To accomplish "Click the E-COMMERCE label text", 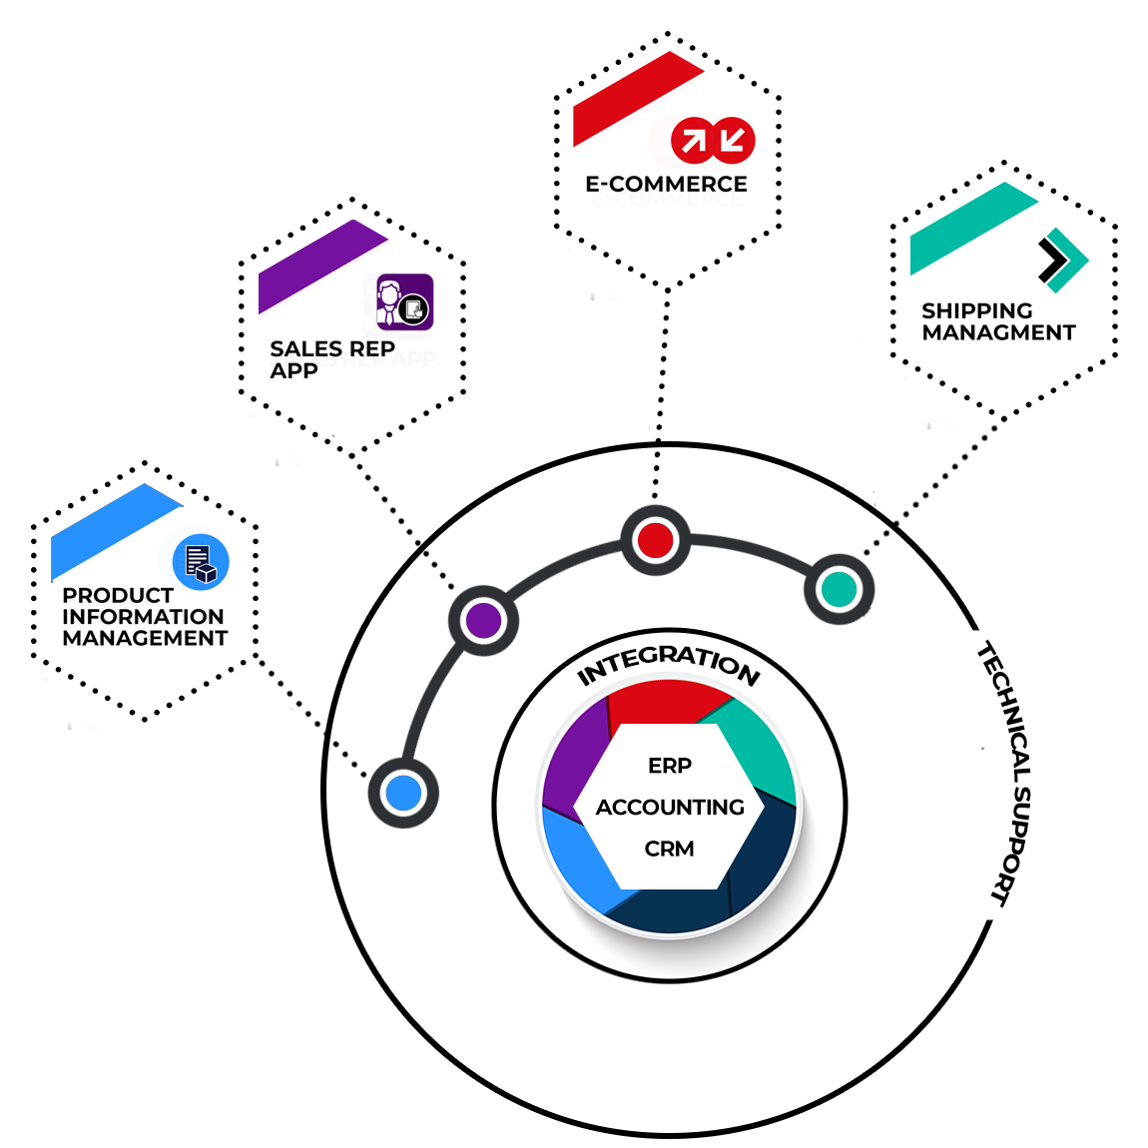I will (666, 184).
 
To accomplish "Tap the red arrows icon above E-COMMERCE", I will (713, 140).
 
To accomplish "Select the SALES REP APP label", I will (331, 359).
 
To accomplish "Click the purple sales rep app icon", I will (404, 301).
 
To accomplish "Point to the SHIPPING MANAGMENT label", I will (998, 321).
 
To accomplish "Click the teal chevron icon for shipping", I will (1061, 261).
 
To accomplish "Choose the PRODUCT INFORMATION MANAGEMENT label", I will (145, 616).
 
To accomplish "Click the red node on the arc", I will (656, 540).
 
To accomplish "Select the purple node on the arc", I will (483, 620).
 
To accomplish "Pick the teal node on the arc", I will (839, 589).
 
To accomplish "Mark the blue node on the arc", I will (403, 793).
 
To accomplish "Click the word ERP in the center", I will (670, 766).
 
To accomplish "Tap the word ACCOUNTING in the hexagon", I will (670, 807).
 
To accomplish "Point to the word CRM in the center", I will (669, 849).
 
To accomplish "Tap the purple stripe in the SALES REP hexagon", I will (318, 265).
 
